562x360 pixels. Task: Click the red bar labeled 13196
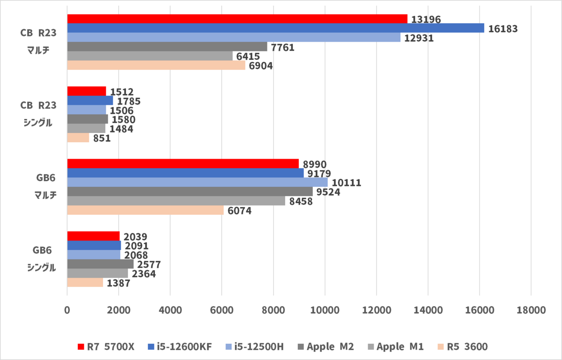pos(237,19)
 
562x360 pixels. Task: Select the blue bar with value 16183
pos(275,28)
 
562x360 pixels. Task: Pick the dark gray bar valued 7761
pos(167,47)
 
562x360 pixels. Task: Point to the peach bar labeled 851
pos(78,138)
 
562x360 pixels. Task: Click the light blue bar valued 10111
pos(197,182)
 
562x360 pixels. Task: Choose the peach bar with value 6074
pos(145,211)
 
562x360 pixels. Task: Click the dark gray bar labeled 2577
pos(100,264)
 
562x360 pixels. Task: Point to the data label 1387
pos(119,283)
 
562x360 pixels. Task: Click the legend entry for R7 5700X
pos(106,347)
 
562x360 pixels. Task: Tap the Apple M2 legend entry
pos(326,347)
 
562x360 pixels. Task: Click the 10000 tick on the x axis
pos(325,310)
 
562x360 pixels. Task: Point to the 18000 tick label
pos(531,310)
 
